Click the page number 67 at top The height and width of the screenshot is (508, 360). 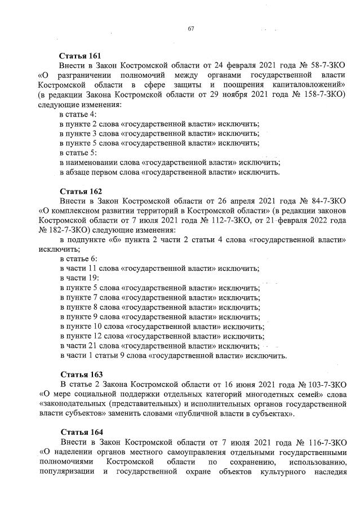click(x=190, y=29)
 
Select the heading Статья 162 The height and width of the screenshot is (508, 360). click(x=80, y=191)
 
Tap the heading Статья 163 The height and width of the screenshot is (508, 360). click(x=80, y=375)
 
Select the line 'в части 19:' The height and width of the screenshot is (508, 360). click(x=79, y=278)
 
